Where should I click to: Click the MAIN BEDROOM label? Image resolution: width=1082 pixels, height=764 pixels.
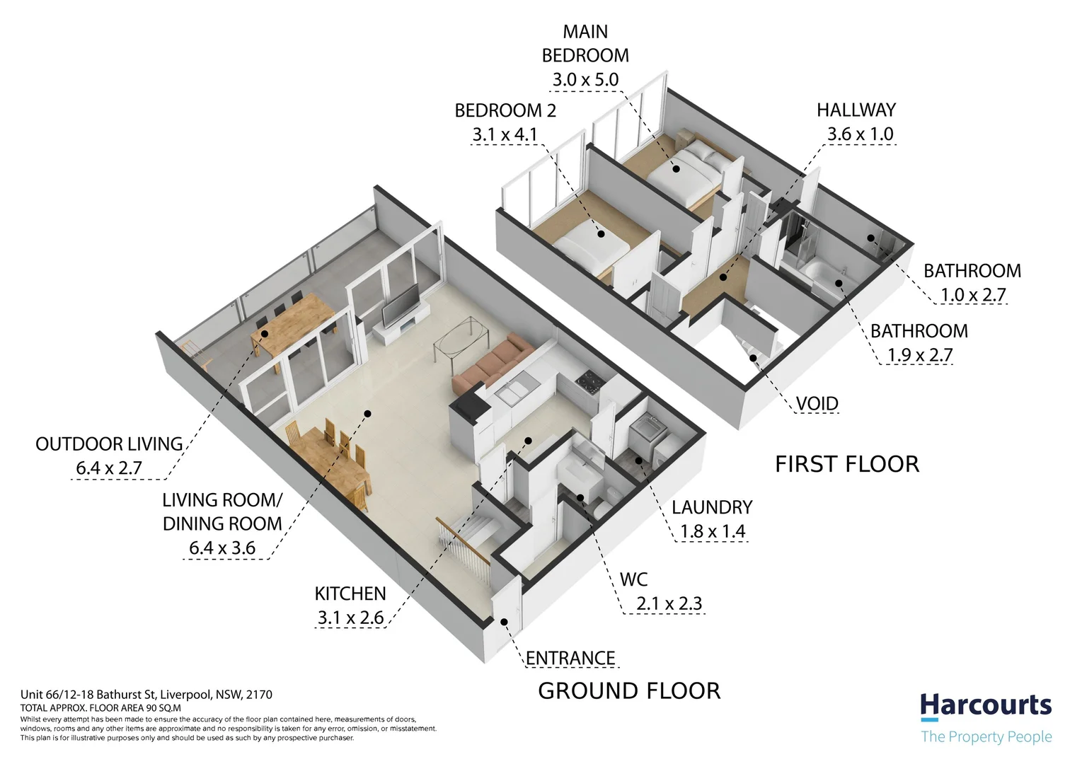coord(585,43)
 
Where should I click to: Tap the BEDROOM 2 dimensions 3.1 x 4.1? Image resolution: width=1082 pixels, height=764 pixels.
coord(505,134)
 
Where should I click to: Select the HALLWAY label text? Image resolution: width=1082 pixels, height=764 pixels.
coord(856,110)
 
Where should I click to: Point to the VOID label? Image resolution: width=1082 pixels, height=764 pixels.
coord(817,403)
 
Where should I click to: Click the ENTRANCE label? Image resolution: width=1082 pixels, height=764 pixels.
coord(570,658)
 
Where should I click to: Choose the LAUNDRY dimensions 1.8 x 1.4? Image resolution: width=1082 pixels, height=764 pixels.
coord(713,531)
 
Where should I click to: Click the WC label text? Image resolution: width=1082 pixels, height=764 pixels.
coord(633,579)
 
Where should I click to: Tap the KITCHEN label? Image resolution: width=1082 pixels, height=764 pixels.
coord(350,594)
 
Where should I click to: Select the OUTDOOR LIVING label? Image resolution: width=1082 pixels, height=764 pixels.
coord(109,444)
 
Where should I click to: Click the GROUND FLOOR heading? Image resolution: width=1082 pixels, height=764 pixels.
coord(629,691)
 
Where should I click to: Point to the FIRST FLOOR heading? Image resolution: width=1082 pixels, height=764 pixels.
coord(847,464)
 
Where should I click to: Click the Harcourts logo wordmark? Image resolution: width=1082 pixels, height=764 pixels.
coord(986,705)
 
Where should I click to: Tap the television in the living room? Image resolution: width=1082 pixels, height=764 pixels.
coord(401,305)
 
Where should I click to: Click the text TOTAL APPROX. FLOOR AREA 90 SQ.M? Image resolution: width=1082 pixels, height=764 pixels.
coord(100,708)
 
